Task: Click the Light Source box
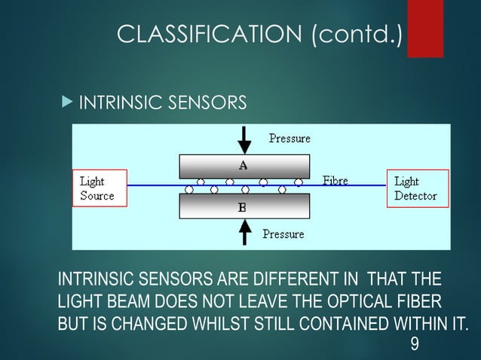(100, 188)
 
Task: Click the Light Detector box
(418, 188)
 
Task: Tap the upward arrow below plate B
(244, 232)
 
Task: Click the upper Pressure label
(290, 139)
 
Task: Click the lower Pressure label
(283, 234)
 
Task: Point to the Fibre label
(335, 181)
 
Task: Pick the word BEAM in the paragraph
(134, 303)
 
